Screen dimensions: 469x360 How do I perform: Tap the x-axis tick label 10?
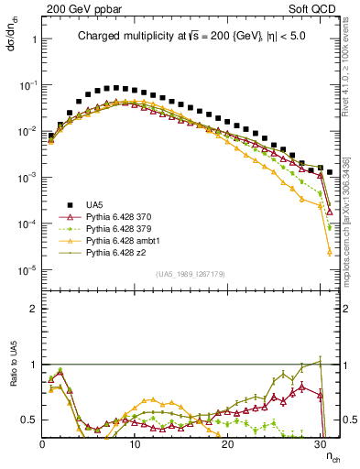pos(134,442)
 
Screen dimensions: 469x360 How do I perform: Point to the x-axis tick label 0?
pos(42,442)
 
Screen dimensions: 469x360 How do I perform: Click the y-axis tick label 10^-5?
pos(27,270)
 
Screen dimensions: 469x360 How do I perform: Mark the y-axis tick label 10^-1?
pos(27,84)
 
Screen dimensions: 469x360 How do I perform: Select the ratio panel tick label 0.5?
pos(28,420)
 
